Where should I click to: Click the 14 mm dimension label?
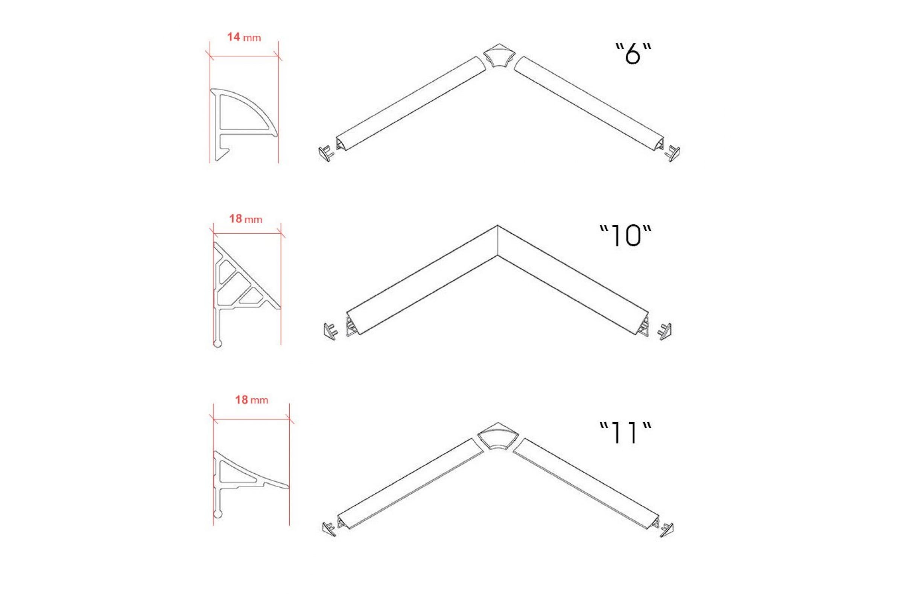point(244,37)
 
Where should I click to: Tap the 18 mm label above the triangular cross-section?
point(246,219)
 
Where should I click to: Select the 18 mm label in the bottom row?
point(251,400)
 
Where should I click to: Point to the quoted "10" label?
point(626,236)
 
